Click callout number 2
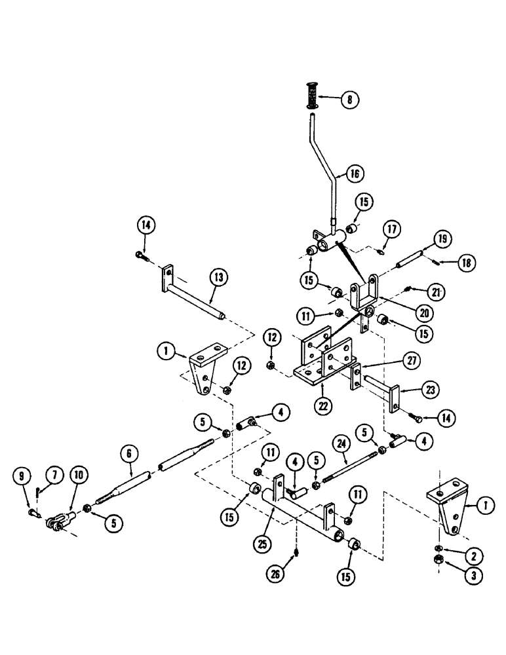470,555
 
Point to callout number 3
470,577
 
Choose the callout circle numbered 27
412,360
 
